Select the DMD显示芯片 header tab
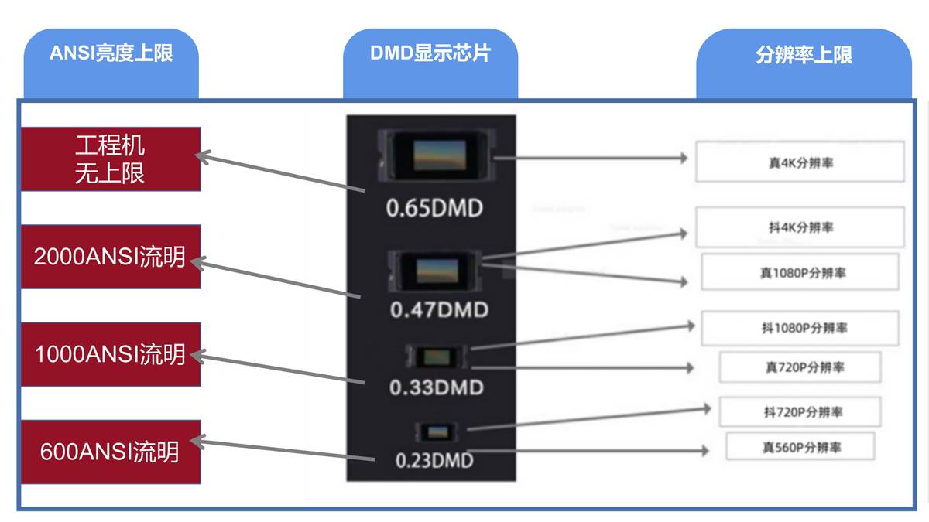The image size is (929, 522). coord(430,53)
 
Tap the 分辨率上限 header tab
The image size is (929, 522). coord(804,55)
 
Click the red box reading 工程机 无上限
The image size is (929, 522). coord(111,159)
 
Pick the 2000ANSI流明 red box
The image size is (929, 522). coord(111,257)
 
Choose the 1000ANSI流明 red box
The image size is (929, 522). coord(111,354)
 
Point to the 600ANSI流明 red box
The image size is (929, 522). coord(111,452)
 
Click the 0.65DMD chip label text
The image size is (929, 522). coord(434,208)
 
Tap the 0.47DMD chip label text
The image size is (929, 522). coord(439,310)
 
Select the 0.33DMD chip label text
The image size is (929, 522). coord(436,387)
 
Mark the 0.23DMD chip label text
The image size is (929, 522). coord(434,460)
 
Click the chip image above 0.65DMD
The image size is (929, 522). coord(438,155)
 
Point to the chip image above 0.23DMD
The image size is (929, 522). coord(438,432)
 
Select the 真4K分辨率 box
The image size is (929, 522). coord(800,162)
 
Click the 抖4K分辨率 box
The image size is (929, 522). coord(800,227)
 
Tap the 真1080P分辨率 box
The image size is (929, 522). coord(800,272)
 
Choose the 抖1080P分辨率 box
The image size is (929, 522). coord(800,328)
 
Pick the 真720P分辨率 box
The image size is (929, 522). coord(800,367)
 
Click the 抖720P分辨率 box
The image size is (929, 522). coord(800,411)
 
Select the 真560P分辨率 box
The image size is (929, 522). coord(800,446)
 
